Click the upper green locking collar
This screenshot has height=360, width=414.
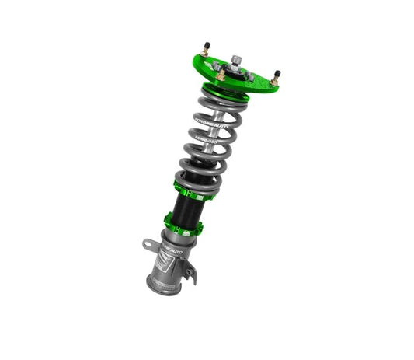tap(190, 187)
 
